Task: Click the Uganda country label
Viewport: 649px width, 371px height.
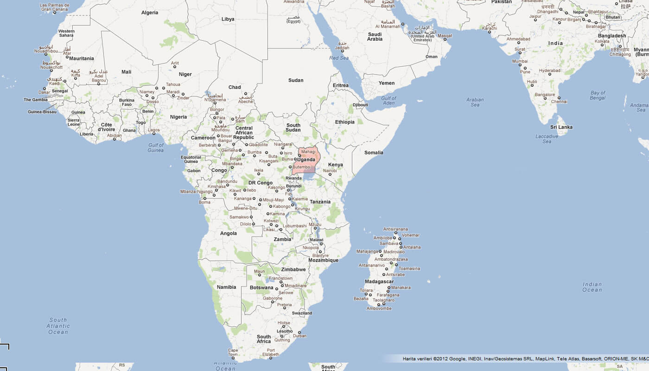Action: [x=306, y=160]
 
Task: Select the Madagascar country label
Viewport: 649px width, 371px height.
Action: [x=379, y=281]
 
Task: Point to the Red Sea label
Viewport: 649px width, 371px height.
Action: [x=338, y=58]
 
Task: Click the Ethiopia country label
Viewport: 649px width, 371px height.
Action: [x=345, y=122]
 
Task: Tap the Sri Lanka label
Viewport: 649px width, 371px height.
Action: [x=561, y=127]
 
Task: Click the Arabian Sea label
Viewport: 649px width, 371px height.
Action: [x=475, y=102]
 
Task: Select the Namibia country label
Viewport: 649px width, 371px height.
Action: [x=226, y=287]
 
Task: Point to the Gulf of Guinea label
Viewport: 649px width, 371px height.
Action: [x=156, y=147]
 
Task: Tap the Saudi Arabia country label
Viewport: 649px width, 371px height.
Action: [x=375, y=37]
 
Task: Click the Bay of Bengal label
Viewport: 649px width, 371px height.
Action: [x=598, y=96]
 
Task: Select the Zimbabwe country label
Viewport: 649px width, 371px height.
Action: [x=293, y=269]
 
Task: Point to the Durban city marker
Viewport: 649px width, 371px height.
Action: [x=299, y=333]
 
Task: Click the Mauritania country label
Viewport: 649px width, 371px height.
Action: [x=82, y=58]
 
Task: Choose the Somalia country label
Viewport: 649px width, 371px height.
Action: [x=374, y=153]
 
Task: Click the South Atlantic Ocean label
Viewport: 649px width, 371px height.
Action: [x=58, y=326]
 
